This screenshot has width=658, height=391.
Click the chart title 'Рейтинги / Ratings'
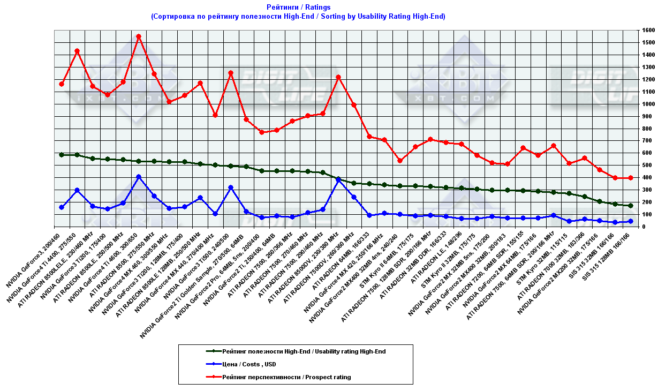(298, 7)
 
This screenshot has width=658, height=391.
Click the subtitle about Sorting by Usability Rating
(298, 17)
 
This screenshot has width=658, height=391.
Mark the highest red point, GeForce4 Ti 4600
(139, 36)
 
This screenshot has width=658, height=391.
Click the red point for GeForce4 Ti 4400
(77, 51)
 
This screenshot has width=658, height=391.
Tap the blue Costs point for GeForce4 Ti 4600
(139, 177)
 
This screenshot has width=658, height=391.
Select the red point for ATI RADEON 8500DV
(338, 77)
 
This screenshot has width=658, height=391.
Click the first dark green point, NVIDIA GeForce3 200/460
(62, 155)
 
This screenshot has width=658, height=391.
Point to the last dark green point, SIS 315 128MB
(631, 206)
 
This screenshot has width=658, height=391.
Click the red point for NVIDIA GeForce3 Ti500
(231, 73)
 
